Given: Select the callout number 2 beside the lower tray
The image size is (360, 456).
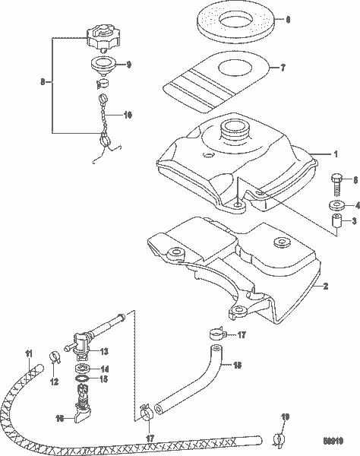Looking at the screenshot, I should coord(325,287).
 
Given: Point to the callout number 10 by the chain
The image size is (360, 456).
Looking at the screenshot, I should coord(127,114).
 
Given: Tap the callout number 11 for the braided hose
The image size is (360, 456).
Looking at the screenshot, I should coord(29,352).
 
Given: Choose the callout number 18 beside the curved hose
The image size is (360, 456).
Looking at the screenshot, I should coord(237,366).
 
